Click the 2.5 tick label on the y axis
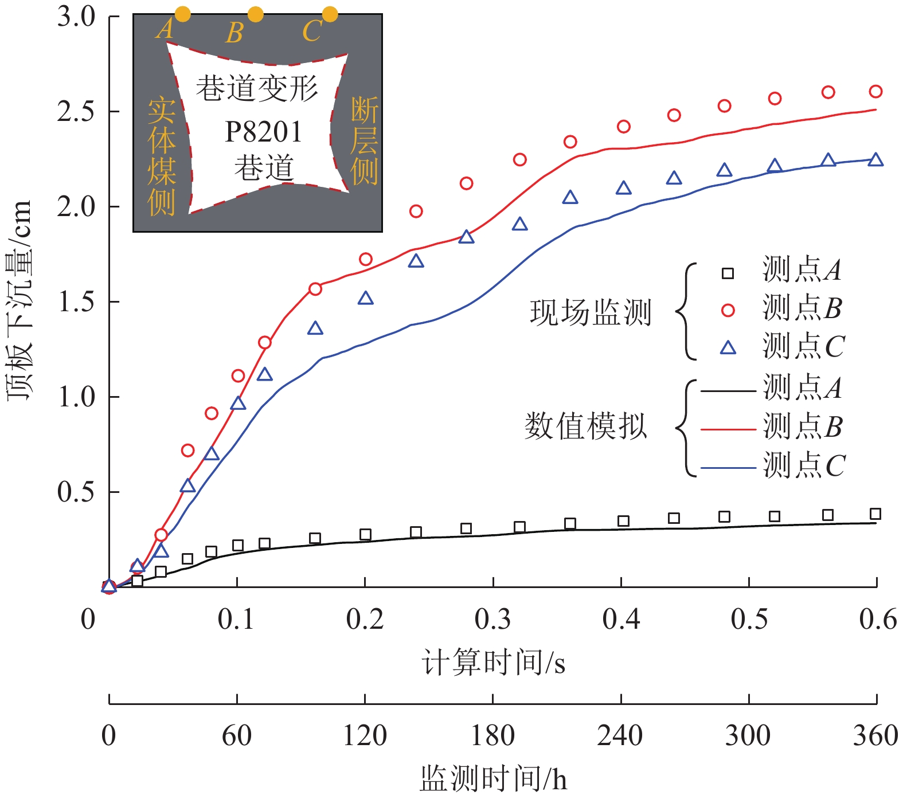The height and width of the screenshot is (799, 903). coord(76,111)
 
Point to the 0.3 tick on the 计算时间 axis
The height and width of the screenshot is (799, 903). coord(492,620)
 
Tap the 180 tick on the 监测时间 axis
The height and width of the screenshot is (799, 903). coord(492,735)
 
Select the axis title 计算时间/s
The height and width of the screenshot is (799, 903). coord(493,663)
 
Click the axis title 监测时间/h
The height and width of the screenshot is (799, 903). coord(493,778)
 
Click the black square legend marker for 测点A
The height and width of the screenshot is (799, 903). coord(728,273)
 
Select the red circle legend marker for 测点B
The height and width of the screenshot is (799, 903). coord(728,310)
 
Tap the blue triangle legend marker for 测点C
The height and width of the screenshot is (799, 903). coord(728,348)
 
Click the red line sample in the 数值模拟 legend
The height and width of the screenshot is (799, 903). coord(728,429)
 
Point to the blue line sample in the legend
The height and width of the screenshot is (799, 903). coord(728,468)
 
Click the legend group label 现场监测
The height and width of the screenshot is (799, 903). coord(591,312)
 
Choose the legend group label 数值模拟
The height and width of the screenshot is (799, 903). coord(586,426)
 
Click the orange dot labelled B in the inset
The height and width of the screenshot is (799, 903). coord(256,14)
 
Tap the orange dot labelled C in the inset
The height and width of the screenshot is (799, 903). coord(330,14)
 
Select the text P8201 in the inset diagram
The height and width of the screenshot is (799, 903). coord(263,132)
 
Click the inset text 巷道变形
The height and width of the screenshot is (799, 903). coord(257,89)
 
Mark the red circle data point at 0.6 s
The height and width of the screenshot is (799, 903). coord(875,91)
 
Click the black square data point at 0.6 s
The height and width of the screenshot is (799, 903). coord(875,514)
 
